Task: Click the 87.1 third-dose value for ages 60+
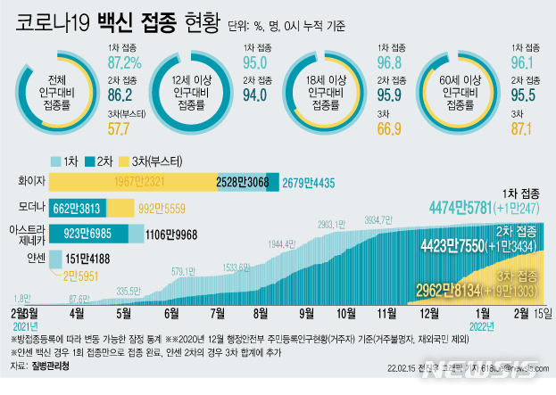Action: (x=523, y=128)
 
